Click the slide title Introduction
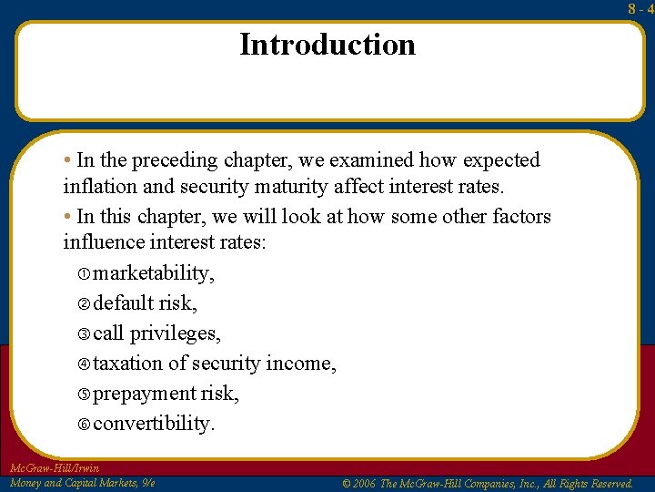pyautogui.click(x=327, y=45)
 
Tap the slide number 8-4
pyautogui.click(x=640, y=9)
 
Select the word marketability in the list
pyautogui.click(x=154, y=273)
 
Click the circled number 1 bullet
pyautogui.click(x=84, y=274)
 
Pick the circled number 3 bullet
pyautogui.click(x=84, y=334)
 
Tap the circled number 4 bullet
pyautogui.click(x=84, y=364)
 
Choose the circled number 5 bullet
pyautogui.click(x=84, y=395)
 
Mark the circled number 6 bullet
pyautogui.click(x=84, y=425)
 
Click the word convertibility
pyautogui.click(x=154, y=424)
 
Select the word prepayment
pyautogui.click(x=141, y=394)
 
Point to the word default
pyautogui.click(x=122, y=303)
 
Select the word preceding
pyautogui.click(x=175, y=160)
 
